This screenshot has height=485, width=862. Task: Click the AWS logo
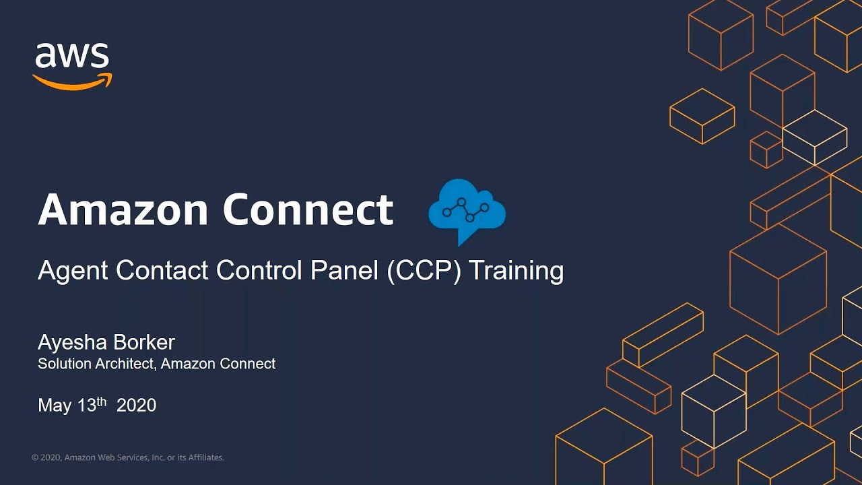pyautogui.click(x=72, y=65)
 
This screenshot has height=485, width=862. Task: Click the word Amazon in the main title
pyautogui.click(x=123, y=209)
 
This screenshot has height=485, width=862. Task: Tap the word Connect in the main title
pyautogui.click(x=308, y=209)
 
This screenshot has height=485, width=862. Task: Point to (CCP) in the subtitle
pyautogui.click(x=424, y=271)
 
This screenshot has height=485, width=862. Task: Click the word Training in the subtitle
pyautogui.click(x=517, y=271)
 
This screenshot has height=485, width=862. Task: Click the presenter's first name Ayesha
pyautogui.click(x=70, y=343)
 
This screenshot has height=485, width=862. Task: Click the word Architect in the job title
pyautogui.click(x=125, y=364)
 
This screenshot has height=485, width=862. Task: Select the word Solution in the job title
pyautogui.click(x=63, y=364)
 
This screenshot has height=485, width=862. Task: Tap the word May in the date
pyautogui.click(x=54, y=406)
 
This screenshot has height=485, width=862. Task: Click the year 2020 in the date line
pyautogui.click(x=136, y=406)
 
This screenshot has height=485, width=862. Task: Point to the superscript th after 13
pyautogui.click(x=102, y=401)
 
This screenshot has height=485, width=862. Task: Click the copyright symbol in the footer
pyautogui.click(x=35, y=458)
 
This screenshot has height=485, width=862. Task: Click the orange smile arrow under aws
pyautogui.click(x=72, y=82)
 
